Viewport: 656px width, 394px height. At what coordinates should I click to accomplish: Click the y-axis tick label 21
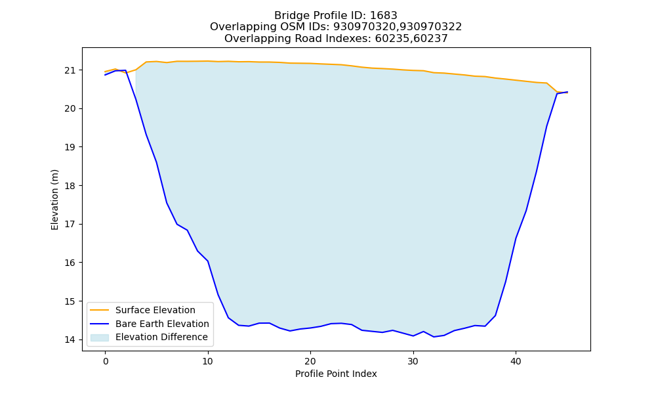(70, 70)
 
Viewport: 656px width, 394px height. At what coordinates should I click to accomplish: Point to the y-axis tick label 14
(70, 340)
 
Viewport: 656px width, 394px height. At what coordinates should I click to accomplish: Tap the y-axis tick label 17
(70, 225)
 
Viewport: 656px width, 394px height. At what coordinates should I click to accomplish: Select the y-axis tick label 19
(70, 147)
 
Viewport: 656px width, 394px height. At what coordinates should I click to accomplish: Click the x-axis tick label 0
(106, 361)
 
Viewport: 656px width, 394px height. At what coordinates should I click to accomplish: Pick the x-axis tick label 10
(208, 361)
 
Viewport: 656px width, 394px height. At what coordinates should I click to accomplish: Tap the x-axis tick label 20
(310, 361)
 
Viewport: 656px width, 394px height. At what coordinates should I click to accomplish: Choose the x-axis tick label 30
(413, 361)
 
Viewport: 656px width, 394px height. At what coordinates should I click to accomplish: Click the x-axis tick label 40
(516, 361)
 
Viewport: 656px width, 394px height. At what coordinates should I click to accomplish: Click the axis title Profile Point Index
(336, 374)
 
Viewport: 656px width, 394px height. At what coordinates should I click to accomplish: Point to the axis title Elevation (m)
(55, 200)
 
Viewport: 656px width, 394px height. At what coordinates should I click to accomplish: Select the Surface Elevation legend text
(155, 310)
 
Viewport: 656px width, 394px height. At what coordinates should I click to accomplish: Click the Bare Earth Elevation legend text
(162, 324)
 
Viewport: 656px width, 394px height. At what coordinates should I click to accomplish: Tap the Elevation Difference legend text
(161, 337)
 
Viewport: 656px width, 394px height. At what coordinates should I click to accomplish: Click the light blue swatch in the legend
(100, 338)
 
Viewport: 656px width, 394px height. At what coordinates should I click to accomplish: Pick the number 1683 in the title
(384, 16)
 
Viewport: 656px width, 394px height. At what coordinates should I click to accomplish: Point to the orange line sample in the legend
(100, 310)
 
